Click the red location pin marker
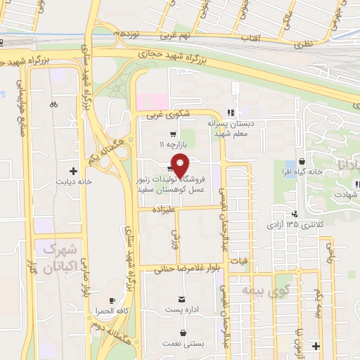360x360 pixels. (181, 165)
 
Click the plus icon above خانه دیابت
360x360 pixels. (73, 170)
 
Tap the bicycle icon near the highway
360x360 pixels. (53, 105)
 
